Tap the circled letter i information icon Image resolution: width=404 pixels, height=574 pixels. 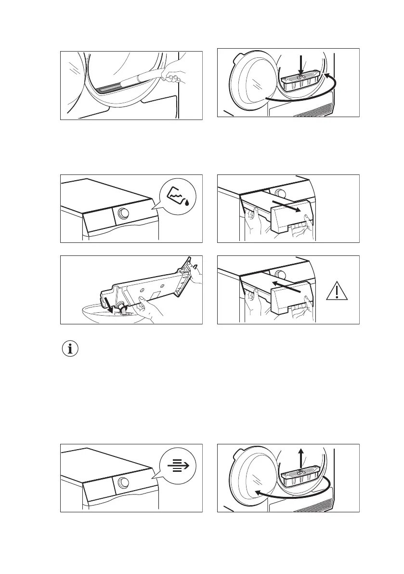[x=70, y=349]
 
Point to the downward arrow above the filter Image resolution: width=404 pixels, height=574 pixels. [x=300, y=64]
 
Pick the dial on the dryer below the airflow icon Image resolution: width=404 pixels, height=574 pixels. [x=123, y=484]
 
